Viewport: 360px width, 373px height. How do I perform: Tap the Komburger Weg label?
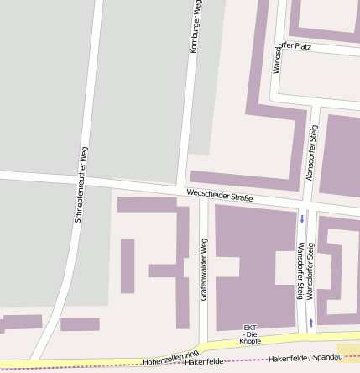pos(196,27)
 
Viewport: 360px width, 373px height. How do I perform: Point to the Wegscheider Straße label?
pos(219,195)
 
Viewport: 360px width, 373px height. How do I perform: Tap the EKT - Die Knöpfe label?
pos(250,334)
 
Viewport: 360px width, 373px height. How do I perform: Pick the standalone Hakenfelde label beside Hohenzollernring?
pos(206,361)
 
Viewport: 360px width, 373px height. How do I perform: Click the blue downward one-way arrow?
pos(301,219)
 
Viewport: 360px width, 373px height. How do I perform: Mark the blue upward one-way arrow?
pos(311,322)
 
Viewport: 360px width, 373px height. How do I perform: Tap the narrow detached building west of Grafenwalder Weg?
pos(128,265)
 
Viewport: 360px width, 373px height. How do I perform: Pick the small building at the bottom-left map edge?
pos(22,322)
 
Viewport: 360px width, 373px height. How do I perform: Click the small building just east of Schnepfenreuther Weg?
pos(80,324)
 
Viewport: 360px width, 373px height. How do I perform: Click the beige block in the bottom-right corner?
pos(348,351)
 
